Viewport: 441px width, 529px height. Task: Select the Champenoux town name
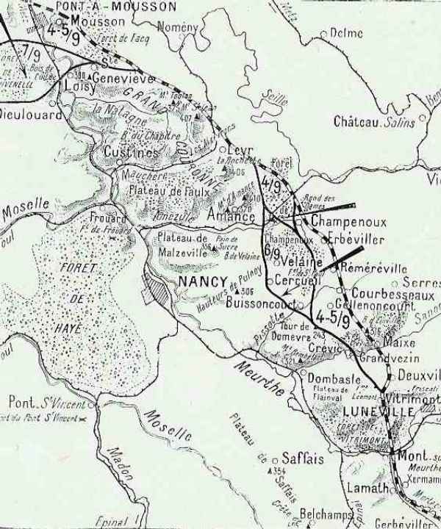(x=339, y=220)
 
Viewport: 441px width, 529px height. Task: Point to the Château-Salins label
(x=373, y=122)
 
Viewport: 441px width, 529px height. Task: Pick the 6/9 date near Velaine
(x=272, y=252)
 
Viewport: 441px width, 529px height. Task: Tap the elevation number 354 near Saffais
(x=279, y=471)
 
